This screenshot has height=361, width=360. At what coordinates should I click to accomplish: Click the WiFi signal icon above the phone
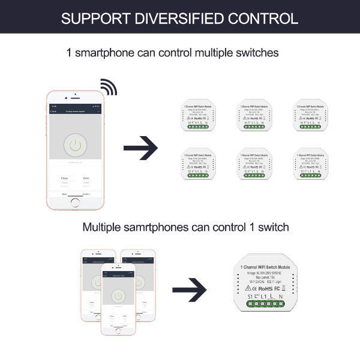(109, 87)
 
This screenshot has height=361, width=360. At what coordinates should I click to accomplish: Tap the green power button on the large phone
(75, 146)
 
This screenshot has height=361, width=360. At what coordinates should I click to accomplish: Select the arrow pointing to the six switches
(139, 148)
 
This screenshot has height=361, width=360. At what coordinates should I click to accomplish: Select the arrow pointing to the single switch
(189, 290)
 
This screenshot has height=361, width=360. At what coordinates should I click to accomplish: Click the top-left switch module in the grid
(197, 116)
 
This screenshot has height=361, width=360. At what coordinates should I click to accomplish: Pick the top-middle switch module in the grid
(254, 116)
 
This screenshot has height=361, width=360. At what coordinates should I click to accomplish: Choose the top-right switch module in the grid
(310, 116)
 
